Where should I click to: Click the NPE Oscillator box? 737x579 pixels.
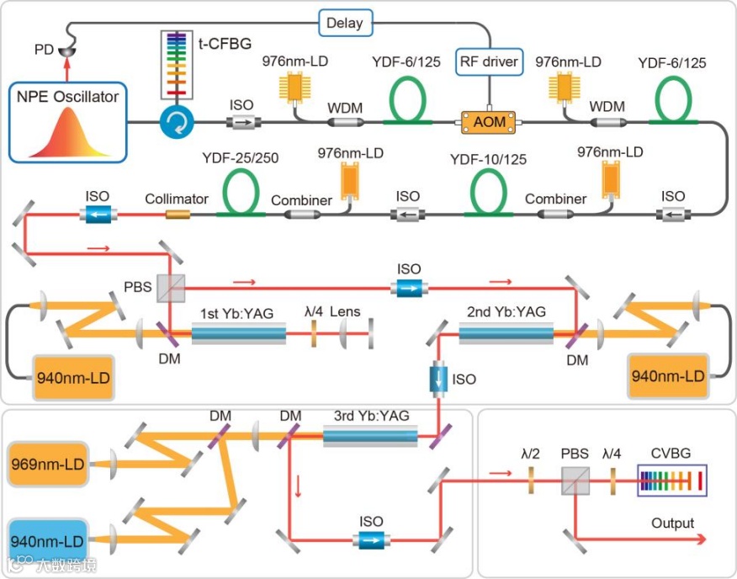[x=68, y=121]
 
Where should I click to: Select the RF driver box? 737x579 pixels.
[x=490, y=61]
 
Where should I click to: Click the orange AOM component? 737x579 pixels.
[x=490, y=122]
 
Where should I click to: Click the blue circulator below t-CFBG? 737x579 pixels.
[x=178, y=123]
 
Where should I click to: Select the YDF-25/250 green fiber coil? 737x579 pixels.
[x=241, y=192]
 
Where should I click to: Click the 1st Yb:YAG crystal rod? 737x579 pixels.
[x=238, y=335]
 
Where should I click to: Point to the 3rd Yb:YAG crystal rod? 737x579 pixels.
[x=370, y=435]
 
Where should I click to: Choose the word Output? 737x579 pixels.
[x=672, y=523]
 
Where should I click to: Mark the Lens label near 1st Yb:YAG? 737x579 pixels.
[x=345, y=311]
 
